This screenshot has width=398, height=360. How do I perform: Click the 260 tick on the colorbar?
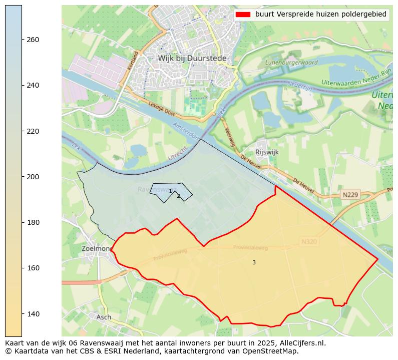coord(33,40)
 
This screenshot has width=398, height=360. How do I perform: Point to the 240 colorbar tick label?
coord(33,85)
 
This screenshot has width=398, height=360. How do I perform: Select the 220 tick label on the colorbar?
coord(33,131)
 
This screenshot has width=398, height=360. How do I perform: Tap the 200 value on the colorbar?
coord(33,177)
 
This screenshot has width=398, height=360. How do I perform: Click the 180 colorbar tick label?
coord(33,222)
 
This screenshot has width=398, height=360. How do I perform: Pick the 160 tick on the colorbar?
coord(33,268)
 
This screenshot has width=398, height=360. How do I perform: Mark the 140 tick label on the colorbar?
coord(33,314)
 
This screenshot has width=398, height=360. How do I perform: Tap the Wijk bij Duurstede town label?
coord(192,58)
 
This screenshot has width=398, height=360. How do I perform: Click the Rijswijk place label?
coord(267,152)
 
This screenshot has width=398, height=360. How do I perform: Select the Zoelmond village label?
coord(97,248)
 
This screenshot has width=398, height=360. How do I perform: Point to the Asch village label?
coord(104,317)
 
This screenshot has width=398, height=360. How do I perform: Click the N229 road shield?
coord(350,194)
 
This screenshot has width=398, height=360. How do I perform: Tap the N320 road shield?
coord(309,241)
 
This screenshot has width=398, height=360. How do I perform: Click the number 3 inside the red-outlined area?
coord(254,262)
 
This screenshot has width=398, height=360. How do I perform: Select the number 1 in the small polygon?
coord(170,191)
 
